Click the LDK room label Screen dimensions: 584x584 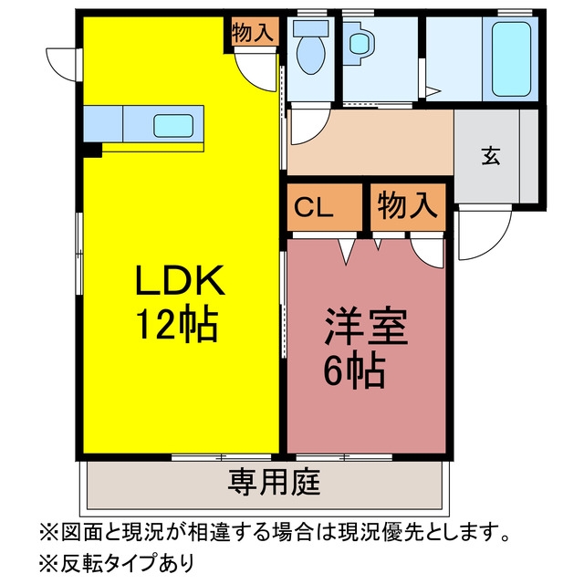pyautogui.click(x=181, y=280)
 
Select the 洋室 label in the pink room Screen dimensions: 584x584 pyautogui.click(x=366, y=327)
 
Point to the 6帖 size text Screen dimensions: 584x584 pyautogui.click(x=354, y=370)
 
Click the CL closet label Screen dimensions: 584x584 pyautogui.click(x=313, y=208)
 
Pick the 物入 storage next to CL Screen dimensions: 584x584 pyautogui.click(x=408, y=206)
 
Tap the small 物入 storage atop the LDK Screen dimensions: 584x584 pyautogui.click(x=253, y=33)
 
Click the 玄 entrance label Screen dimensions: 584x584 pyautogui.click(x=491, y=156)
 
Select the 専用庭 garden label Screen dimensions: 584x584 pyautogui.click(x=274, y=482)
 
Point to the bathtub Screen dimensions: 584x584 pyautogui.click(x=511, y=59)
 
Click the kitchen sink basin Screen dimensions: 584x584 pyautogui.click(x=173, y=126)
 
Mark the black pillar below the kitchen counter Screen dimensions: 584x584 pyautogui.click(x=92, y=150)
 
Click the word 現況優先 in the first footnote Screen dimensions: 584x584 pyautogui.click(x=380, y=531)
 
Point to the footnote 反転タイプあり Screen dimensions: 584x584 pyautogui.click(x=128, y=562)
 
